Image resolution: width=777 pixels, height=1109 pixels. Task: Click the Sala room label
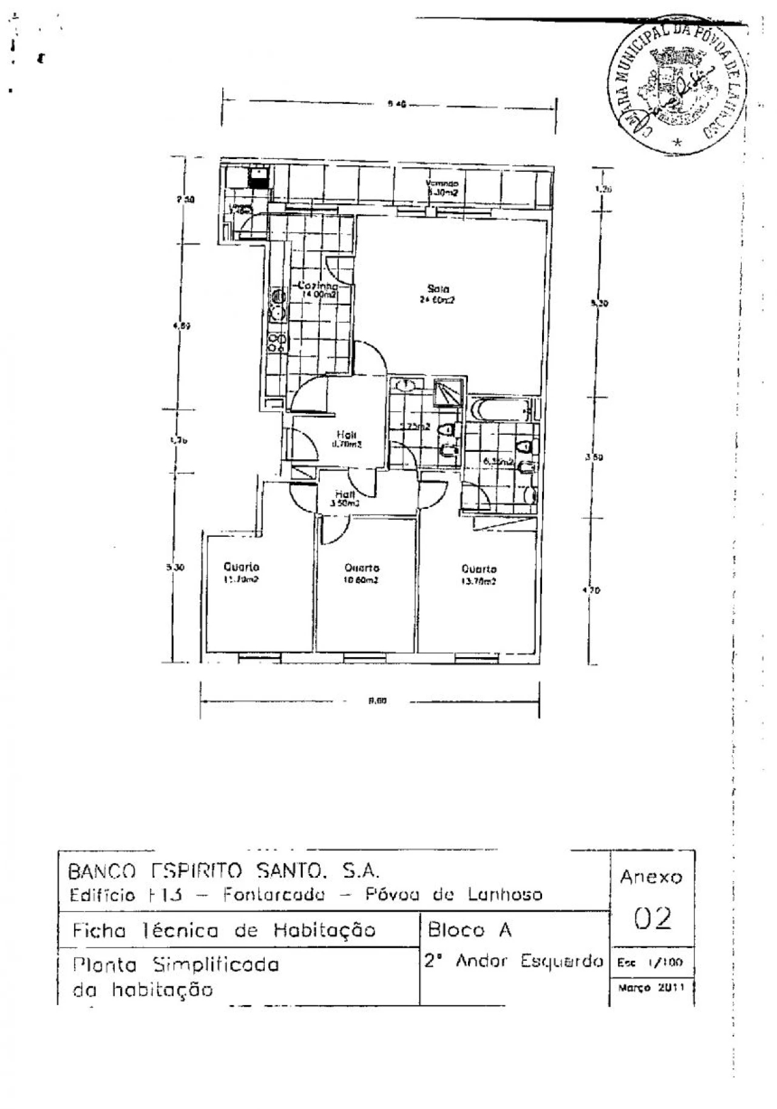(438, 288)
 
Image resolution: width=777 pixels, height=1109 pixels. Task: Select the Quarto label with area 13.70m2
(479, 569)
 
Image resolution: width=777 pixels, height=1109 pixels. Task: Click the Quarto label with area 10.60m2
(362, 568)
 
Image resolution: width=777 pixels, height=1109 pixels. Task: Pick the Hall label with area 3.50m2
(344, 495)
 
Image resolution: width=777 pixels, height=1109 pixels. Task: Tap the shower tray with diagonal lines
(449, 392)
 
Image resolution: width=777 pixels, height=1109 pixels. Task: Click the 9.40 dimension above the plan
(396, 104)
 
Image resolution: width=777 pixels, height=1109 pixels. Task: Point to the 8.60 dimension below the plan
(378, 701)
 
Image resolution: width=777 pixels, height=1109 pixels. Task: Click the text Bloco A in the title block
(469, 930)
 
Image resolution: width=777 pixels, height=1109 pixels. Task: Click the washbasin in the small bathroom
(405, 384)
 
